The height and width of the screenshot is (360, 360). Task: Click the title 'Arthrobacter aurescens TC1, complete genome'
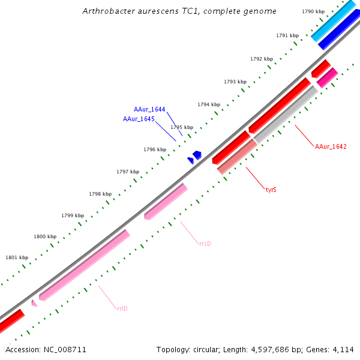coord(179,11)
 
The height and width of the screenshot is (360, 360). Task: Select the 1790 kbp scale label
coord(313,11)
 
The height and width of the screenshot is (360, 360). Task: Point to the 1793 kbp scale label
coord(235,82)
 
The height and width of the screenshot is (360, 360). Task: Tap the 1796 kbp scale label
coord(154,149)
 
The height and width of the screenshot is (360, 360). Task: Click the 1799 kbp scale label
coord(72,215)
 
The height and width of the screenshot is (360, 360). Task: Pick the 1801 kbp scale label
coord(17,257)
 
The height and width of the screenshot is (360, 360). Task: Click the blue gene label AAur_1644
coord(149,109)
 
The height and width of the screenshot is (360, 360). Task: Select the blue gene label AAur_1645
coord(139,119)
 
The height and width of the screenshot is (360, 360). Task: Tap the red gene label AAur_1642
coord(331,146)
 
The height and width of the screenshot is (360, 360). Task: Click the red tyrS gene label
coord(271,190)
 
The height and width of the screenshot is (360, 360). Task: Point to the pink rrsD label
coord(205,244)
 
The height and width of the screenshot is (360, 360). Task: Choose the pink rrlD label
coord(122,308)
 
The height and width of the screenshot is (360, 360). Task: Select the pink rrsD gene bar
coord(166,202)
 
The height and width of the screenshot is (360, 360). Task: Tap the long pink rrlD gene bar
coord(85,265)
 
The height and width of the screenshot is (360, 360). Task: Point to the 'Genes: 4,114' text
coord(336,349)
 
